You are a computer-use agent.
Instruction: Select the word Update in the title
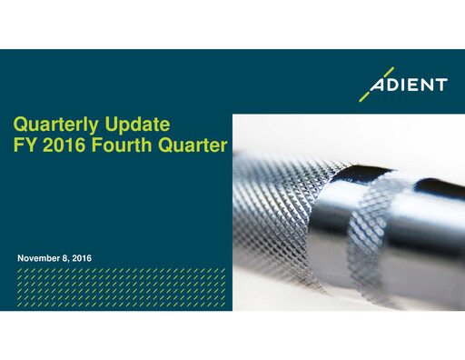click(138, 124)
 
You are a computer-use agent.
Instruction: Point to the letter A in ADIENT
click(379, 85)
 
